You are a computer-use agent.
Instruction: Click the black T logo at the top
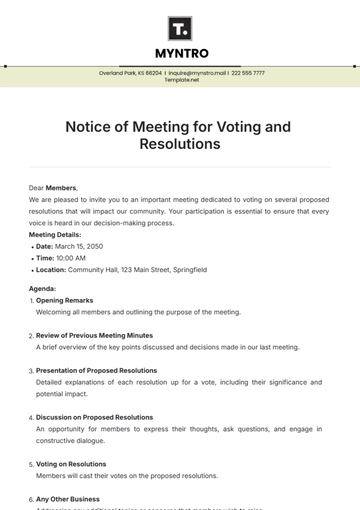tap(181, 27)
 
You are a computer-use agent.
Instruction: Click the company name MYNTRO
tap(181, 53)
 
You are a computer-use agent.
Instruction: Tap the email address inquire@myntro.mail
tap(197, 73)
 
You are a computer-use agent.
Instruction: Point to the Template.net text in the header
tap(181, 80)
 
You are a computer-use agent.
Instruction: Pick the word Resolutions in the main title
tap(181, 144)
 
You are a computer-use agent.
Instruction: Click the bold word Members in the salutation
tap(61, 187)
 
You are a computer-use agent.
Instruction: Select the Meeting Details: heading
tap(62, 235)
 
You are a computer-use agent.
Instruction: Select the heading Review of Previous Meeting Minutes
tap(95, 336)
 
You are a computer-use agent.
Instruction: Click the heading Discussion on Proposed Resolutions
tap(95, 417)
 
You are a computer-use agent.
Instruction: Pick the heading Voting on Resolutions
tap(71, 464)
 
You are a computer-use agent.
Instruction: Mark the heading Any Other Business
tap(69, 499)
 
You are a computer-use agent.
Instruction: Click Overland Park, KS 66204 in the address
tap(130, 73)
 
